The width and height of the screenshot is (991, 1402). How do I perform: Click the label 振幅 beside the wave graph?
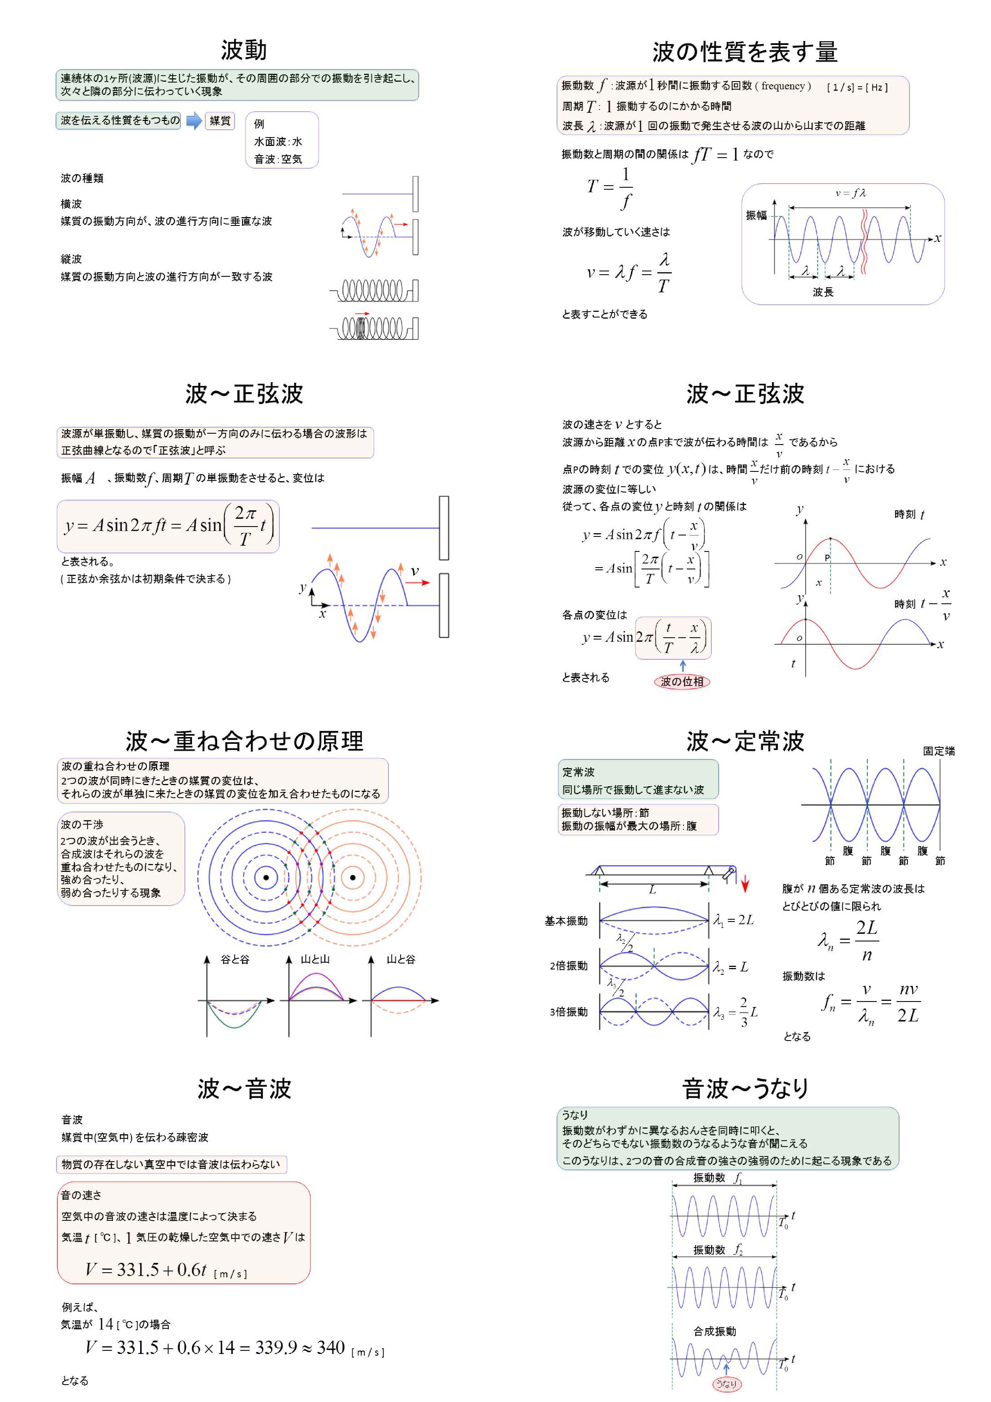click(x=756, y=215)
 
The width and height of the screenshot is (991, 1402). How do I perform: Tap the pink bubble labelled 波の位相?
click(x=682, y=681)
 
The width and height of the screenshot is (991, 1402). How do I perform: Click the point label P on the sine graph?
click(x=827, y=558)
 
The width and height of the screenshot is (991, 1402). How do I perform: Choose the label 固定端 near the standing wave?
click(x=938, y=751)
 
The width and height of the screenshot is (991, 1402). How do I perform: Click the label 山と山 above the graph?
click(x=315, y=959)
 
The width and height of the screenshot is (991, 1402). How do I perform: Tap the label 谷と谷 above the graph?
click(x=235, y=959)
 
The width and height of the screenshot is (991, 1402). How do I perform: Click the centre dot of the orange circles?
click(x=353, y=878)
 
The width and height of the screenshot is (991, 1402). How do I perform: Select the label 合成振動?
click(x=714, y=1331)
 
